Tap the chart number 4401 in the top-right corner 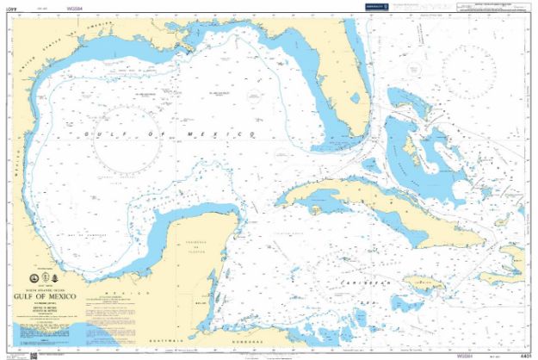[x=522, y=9]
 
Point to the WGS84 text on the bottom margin [x=467, y=355]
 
